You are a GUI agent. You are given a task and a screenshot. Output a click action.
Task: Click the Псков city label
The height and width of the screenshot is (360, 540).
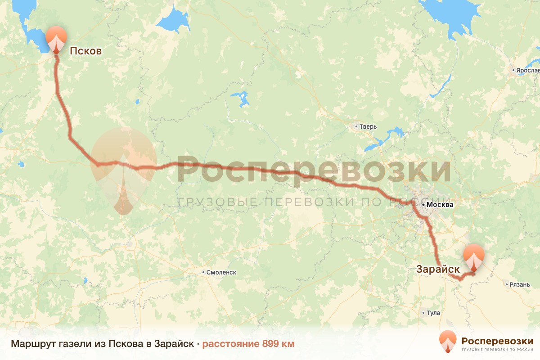(85, 51)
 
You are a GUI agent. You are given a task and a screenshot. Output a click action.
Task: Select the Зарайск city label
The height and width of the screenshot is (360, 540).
(438, 269)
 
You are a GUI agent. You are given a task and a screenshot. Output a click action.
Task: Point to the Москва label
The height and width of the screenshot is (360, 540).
(441, 205)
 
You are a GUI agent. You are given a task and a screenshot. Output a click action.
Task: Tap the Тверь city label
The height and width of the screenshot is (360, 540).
(368, 126)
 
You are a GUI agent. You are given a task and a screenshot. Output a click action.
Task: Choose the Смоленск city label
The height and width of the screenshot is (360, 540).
(221, 272)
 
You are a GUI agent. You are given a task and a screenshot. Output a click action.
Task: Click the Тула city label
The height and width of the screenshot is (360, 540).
(434, 313)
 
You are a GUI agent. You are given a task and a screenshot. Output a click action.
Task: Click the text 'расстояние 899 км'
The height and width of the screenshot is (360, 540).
(248, 344)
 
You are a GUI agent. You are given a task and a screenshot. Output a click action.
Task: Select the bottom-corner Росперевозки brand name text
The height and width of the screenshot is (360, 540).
(497, 341)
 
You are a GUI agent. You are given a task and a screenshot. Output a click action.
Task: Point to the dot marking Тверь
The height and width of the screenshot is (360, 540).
(356, 126)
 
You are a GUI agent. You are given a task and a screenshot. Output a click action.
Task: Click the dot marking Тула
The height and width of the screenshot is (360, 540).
(424, 313)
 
